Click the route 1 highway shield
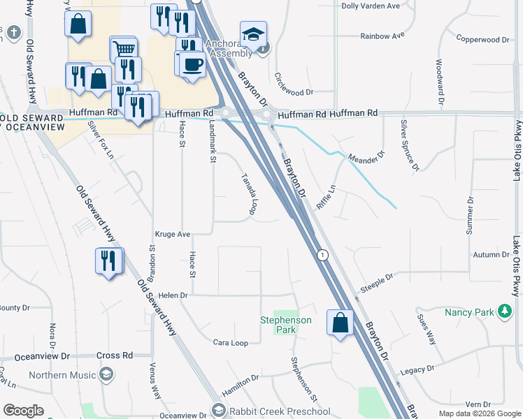(x=322, y=256)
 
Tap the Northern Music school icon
(x=106, y=375)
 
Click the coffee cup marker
(x=192, y=64)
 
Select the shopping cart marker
(x=123, y=50)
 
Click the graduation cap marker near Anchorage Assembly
(x=252, y=34)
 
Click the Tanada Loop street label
(x=249, y=194)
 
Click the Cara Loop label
(x=231, y=343)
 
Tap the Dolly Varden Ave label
(x=370, y=6)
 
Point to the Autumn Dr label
(x=492, y=255)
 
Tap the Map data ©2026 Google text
(x=480, y=413)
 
